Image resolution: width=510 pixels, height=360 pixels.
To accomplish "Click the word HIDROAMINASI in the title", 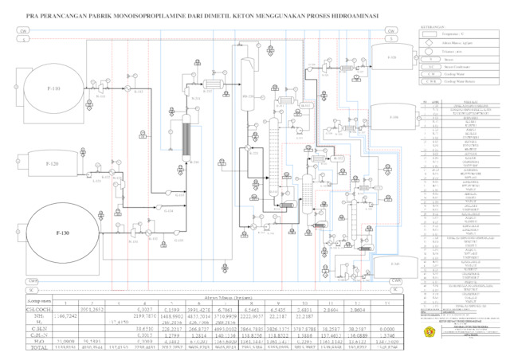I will [x=343, y=14].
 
